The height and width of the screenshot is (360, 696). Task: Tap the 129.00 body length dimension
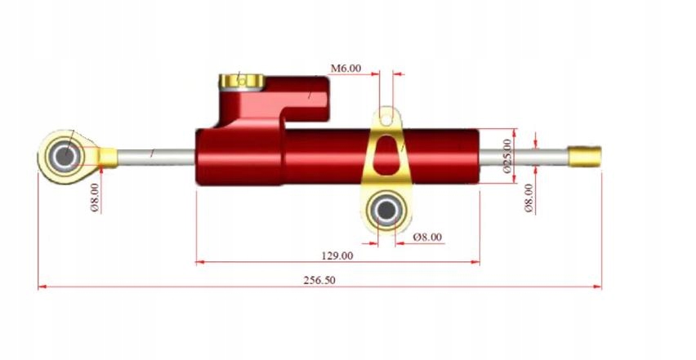pos(337,255)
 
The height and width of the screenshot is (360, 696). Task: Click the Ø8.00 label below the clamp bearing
pos(427,237)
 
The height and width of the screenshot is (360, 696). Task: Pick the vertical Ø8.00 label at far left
pos(95,197)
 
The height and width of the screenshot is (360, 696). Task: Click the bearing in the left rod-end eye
pos(63,154)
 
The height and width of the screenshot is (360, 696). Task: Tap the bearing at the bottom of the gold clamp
pos(386,211)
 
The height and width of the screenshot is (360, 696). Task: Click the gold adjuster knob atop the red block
pos(240,81)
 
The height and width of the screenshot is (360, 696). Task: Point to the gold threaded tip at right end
pos(585,153)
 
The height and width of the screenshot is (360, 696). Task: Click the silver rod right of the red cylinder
pos(523,154)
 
